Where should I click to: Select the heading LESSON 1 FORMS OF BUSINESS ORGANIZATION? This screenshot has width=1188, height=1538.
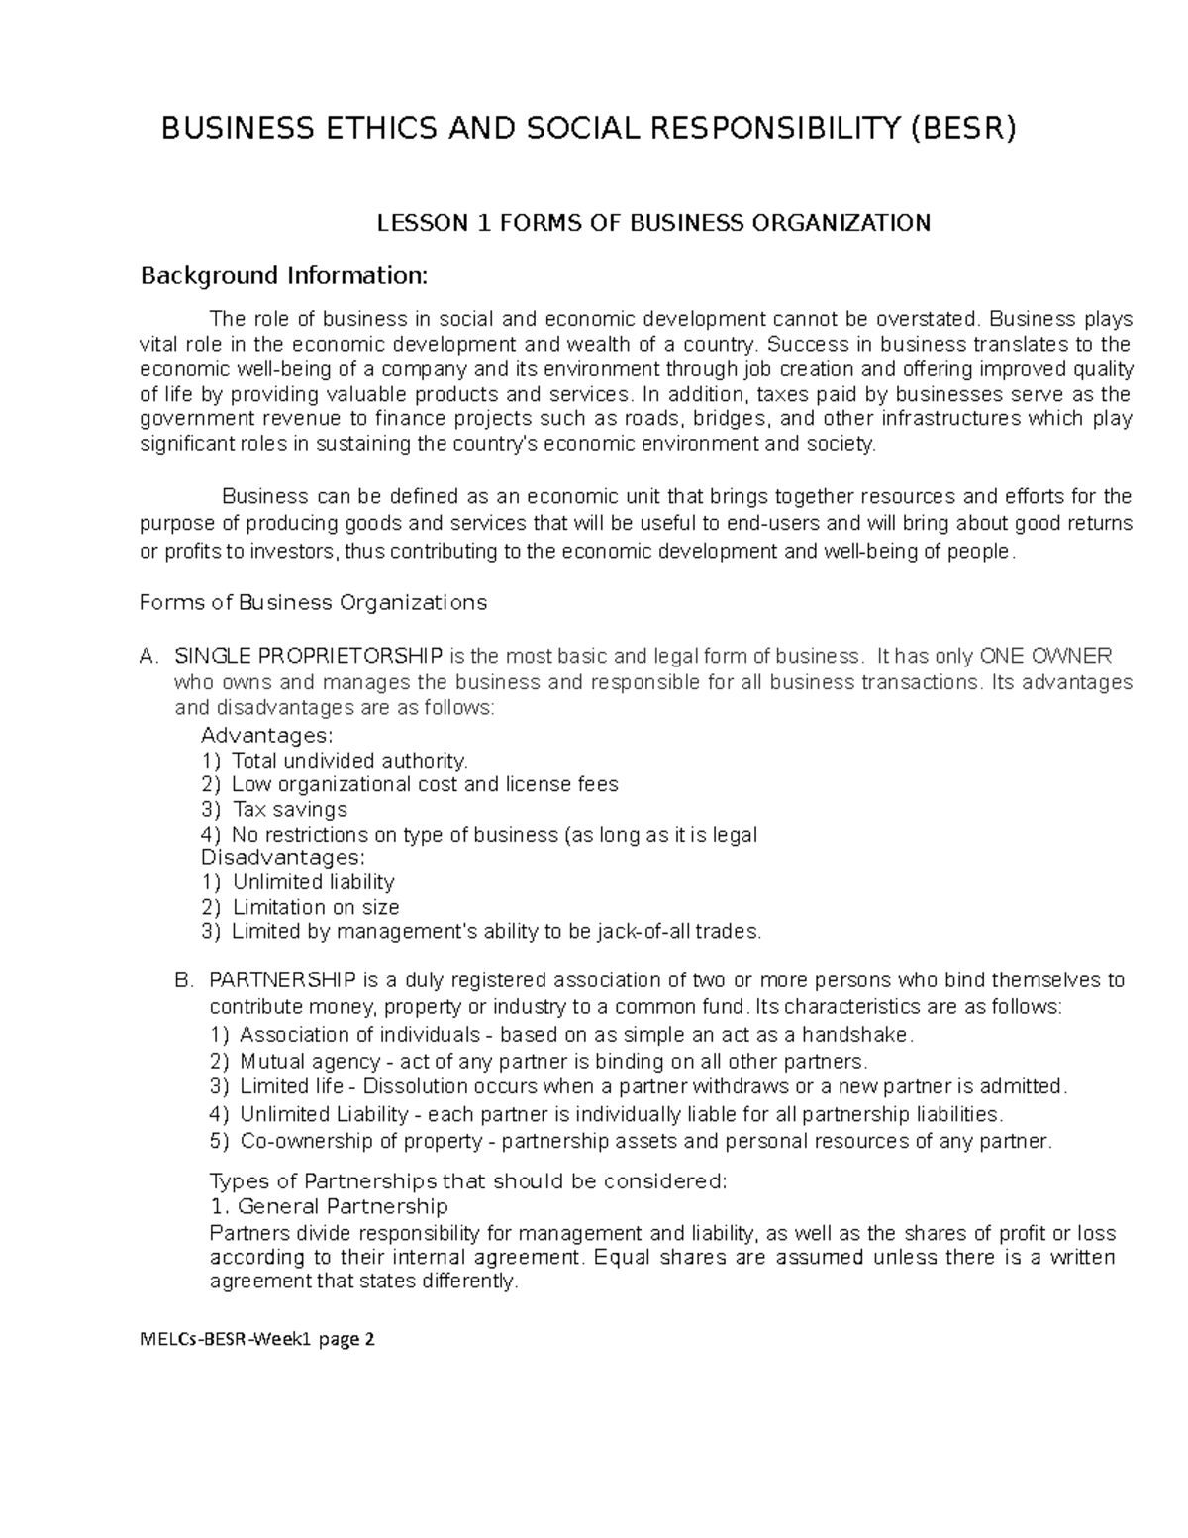click(653, 223)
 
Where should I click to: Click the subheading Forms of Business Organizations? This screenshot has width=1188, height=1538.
click(314, 603)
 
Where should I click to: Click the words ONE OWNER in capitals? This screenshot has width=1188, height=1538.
click(1045, 656)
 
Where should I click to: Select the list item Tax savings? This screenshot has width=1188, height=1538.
click(289, 809)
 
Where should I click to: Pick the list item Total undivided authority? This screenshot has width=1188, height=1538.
click(348, 761)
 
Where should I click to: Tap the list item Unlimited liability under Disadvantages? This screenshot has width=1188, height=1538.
click(314, 882)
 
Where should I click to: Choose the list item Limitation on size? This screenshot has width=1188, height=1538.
click(316, 907)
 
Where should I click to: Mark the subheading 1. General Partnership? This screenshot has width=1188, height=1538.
click(330, 1207)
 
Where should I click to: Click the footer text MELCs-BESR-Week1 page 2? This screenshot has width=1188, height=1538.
click(257, 1340)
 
